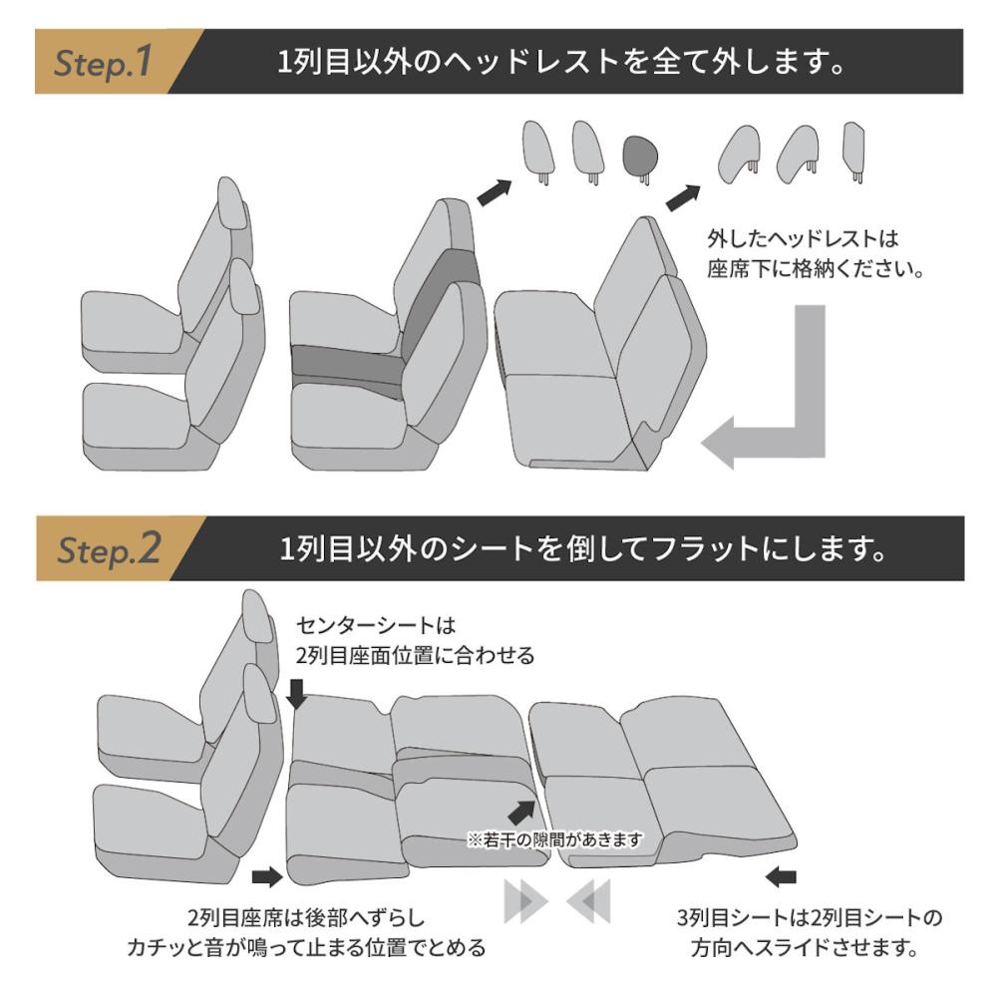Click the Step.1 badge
(x=105, y=62)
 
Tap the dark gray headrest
(x=642, y=155)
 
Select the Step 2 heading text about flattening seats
(x=583, y=548)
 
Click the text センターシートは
(x=376, y=626)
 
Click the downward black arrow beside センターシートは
(x=296, y=692)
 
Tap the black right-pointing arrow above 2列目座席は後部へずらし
(x=267, y=876)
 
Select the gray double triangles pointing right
(x=524, y=902)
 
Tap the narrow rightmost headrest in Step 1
(x=852, y=150)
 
